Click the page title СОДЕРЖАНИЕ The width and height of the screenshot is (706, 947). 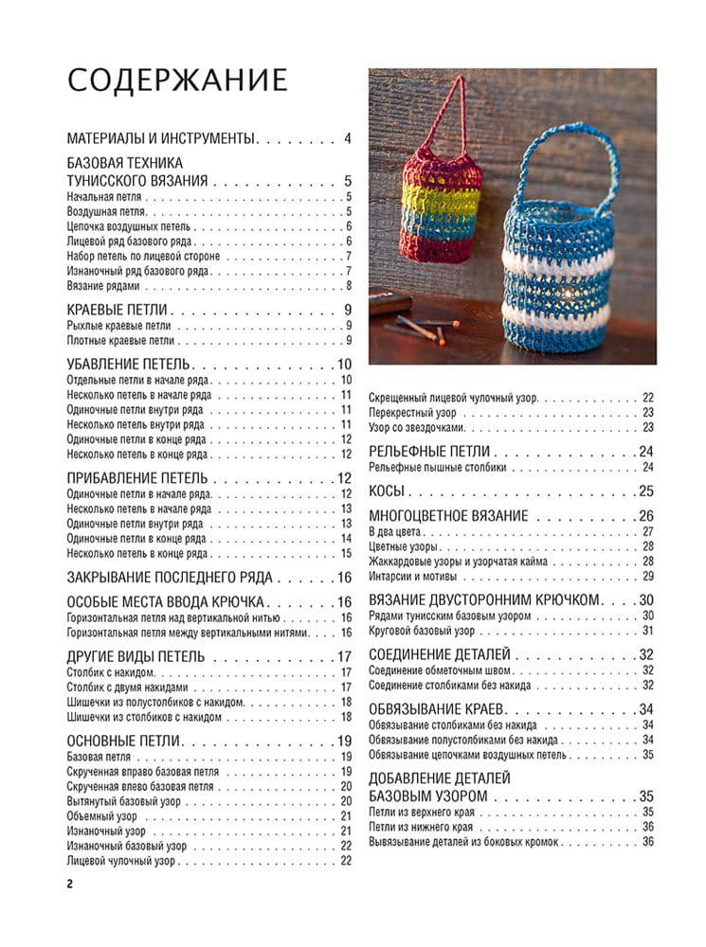click(177, 80)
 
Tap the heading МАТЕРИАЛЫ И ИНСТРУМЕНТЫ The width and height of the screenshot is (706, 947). click(162, 139)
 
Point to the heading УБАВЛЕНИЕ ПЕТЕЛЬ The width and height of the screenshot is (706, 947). click(129, 365)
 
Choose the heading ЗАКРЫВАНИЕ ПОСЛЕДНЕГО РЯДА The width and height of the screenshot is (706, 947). click(170, 577)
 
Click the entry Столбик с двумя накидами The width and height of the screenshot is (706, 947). click(128, 688)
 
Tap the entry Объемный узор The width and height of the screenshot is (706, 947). click(102, 816)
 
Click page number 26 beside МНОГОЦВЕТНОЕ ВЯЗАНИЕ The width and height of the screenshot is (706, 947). click(646, 516)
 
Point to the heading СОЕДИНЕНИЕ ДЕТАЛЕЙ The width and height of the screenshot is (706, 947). click(439, 654)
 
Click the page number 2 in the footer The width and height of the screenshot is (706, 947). click(70, 884)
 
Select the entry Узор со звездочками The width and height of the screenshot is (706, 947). click(422, 427)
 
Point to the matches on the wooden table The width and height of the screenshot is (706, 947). click(425, 328)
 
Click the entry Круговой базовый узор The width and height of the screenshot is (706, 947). click(423, 630)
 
